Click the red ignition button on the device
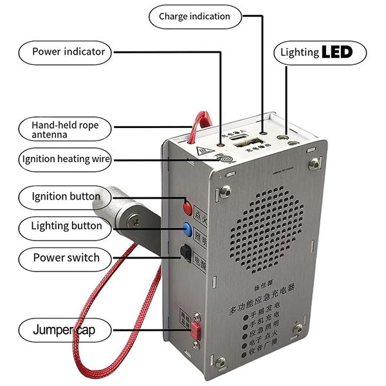coord(188,208)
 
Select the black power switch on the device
coord(186,253)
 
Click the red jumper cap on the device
coord(194,330)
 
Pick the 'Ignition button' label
coord(66,196)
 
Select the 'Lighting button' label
coord(66,226)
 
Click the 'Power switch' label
coord(66,258)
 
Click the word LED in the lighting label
coord(337,52)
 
